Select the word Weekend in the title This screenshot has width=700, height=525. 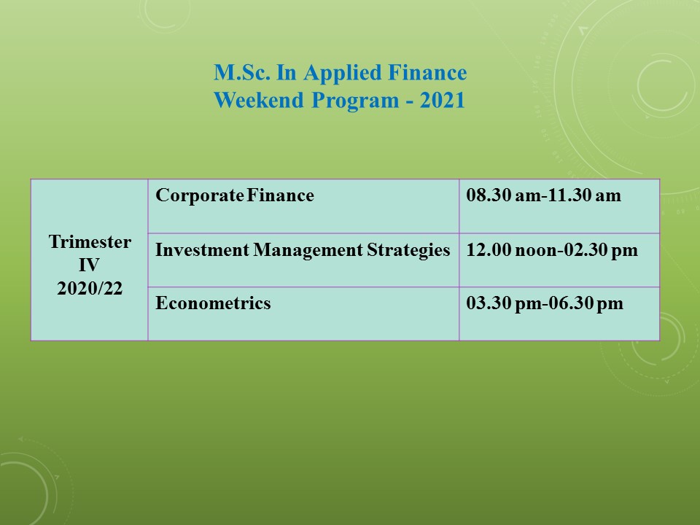click(259, 100)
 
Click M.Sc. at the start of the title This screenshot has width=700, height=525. click(242, 73)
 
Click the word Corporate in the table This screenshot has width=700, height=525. click(199, 196)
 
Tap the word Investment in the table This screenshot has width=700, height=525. click(202, 249)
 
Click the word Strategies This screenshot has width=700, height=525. click(408, 250)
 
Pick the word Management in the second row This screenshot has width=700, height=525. click(308, 250)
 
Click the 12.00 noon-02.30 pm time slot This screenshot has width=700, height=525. click(552, 250)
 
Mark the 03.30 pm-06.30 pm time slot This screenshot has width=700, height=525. click(545, 303)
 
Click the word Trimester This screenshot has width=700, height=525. click(90, 242)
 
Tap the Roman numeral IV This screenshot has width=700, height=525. click(89, 265)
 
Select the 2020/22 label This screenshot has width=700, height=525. click(90, 289)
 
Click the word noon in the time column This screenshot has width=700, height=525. click(536, 250)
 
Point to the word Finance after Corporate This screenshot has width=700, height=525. click(280, 195)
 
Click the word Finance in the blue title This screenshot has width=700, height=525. click(427, 73)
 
